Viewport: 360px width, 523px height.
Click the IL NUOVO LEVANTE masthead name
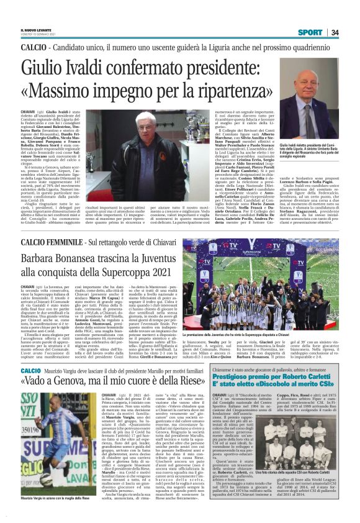(x=35, y=29)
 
